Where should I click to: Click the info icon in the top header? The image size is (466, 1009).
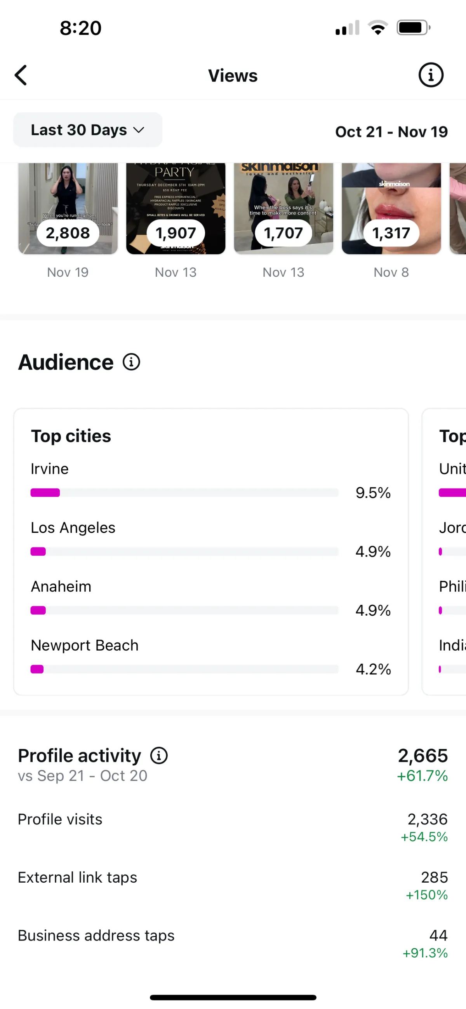431,75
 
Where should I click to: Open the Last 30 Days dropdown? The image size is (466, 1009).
88,130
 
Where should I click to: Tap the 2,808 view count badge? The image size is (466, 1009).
68,233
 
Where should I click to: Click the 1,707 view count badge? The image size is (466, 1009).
283,233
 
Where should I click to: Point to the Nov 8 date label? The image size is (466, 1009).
391,272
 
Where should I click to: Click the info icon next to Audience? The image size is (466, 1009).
132,362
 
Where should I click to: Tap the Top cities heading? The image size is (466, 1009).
71,436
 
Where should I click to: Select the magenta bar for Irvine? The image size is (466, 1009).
45,493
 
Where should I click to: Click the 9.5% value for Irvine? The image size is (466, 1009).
373,493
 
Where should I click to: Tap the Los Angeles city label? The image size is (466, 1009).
73,527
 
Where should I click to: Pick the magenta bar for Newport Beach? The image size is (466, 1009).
37,669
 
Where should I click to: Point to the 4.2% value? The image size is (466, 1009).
373,669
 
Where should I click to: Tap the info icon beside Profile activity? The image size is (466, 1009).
159,756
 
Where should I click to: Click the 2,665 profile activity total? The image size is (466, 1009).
423,756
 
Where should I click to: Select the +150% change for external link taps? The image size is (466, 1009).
426,895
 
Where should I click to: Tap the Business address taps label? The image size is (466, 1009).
96,936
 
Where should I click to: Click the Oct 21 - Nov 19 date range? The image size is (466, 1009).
391,132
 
